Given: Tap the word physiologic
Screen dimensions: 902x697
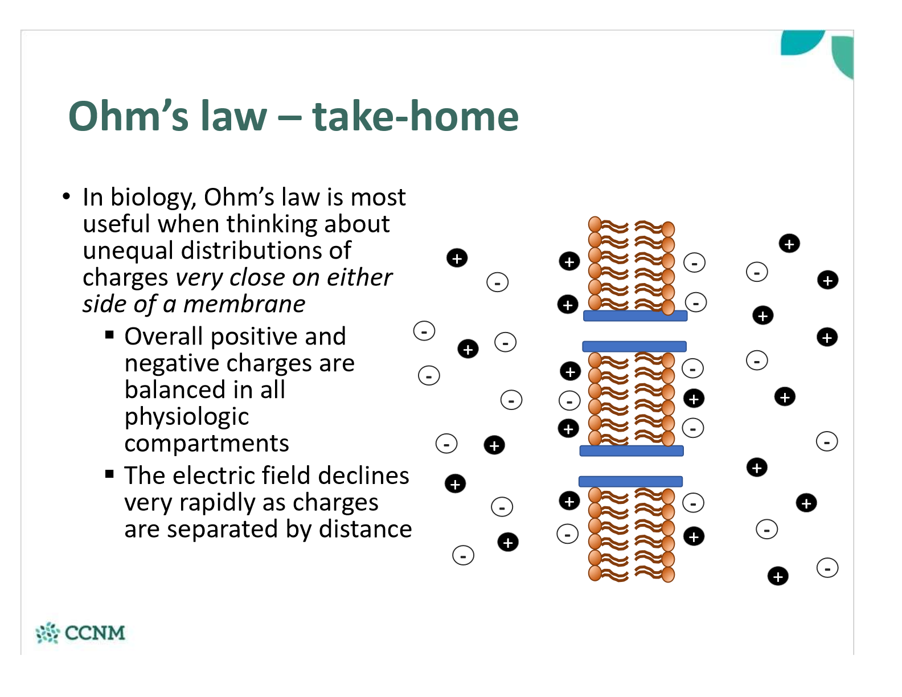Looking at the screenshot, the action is coord(187,417).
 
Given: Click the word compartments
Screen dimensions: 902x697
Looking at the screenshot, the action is coord(207,444).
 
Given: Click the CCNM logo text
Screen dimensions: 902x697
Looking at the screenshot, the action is coord(95,633).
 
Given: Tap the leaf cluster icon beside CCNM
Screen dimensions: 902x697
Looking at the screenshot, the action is coord(47,633).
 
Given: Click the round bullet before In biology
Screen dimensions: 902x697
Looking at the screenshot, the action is coord(67,197).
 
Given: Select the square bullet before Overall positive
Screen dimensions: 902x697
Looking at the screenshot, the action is coord(109,335).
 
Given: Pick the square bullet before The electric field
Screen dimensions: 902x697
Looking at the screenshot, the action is coord(109,474).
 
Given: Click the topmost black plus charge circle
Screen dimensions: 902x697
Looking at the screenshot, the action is coord(789,244).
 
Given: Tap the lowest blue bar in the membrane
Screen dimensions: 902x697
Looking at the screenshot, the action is coord(630,482).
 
